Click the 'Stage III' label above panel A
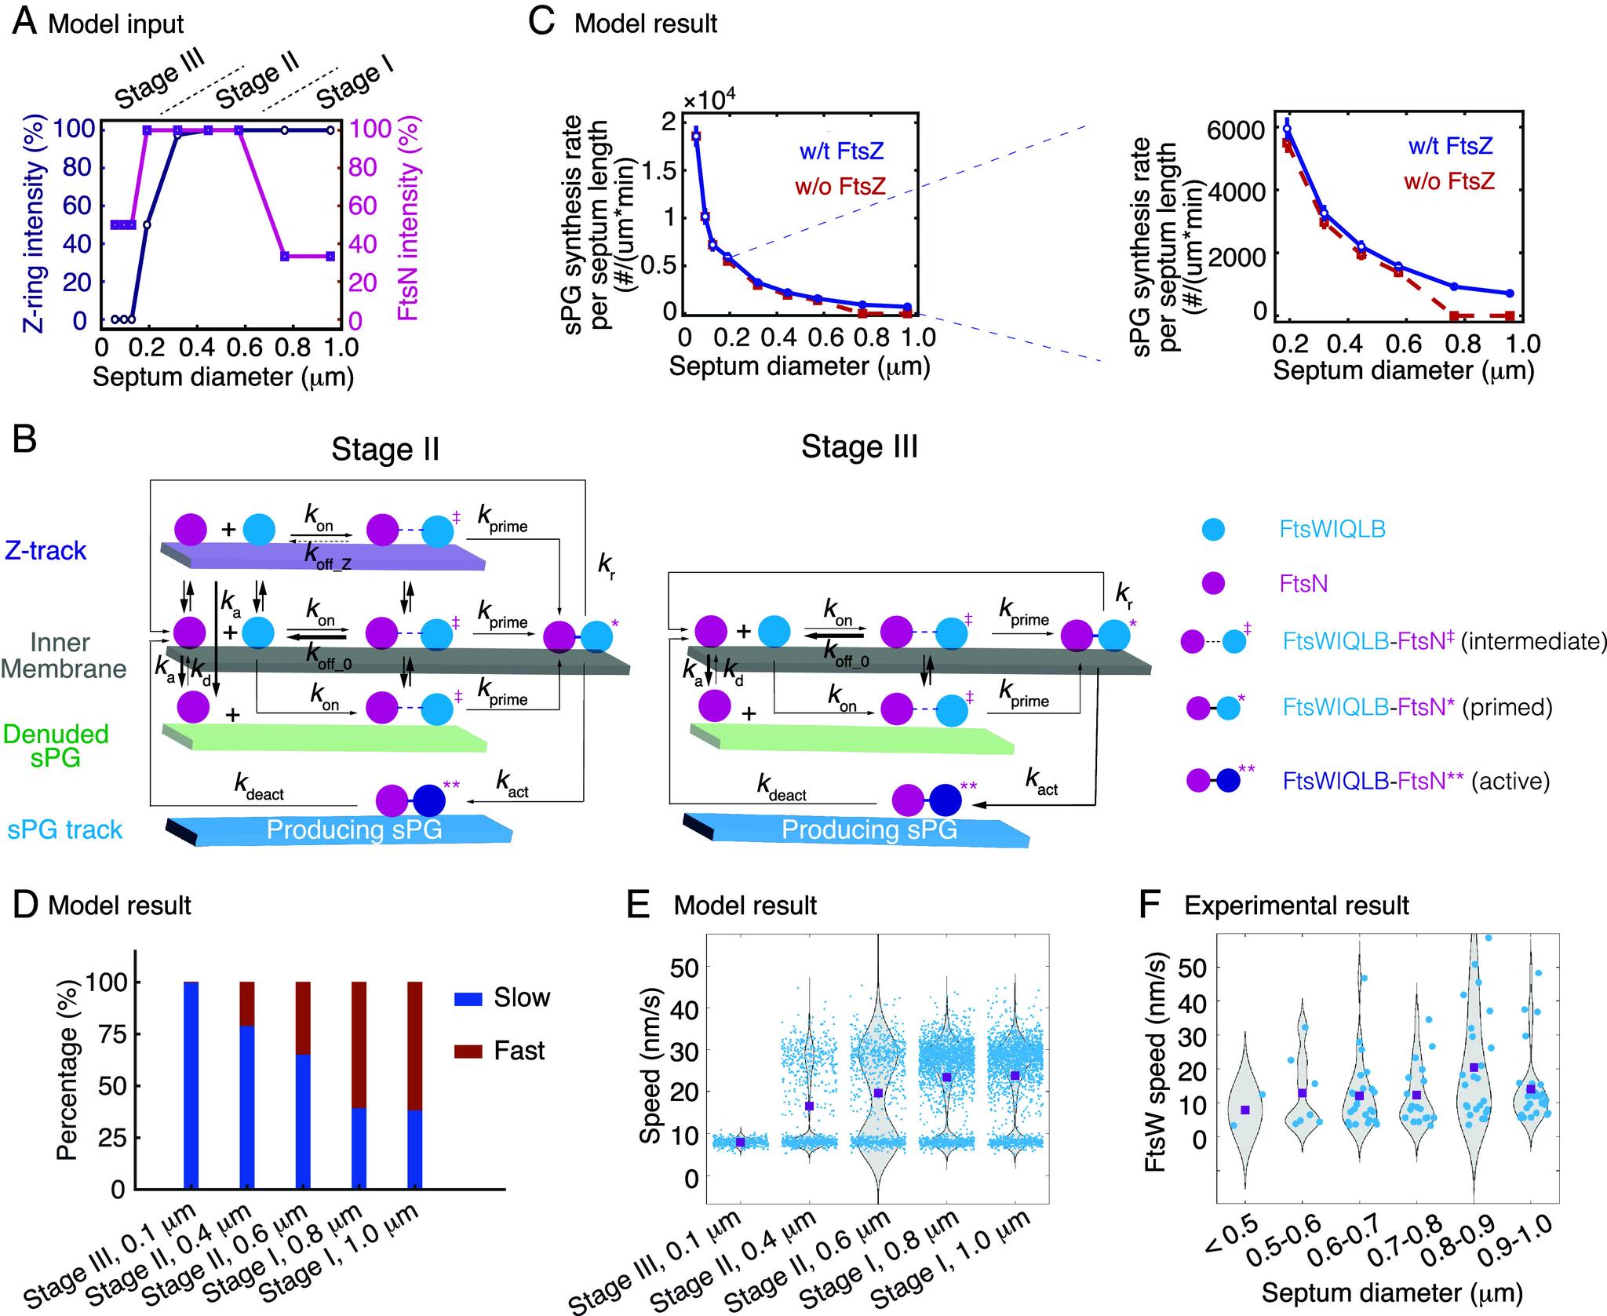coord(159,78)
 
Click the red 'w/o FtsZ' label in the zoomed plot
coord(1451,181)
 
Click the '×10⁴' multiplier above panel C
coord(709,102)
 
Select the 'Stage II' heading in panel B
coord(384,450)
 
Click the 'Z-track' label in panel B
coord(46,551)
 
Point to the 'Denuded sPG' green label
coord(56,745)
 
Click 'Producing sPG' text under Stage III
coord(869,830)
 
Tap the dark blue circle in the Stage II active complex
coord(428,801)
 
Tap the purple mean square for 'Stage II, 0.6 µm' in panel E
coord(878,1093)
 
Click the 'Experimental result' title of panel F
coord(1296,906)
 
